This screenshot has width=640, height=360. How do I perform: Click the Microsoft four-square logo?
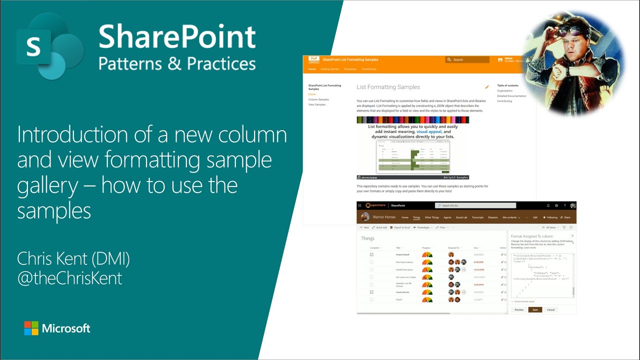click(x=31, y=328)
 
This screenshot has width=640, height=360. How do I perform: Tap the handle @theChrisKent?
click(x=69, y=278)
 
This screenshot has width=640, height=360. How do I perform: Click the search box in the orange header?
click(x=467, y=59)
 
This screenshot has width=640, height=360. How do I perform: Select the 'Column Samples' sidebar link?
click(x=318, y=99)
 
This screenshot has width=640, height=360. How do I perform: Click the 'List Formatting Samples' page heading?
click(x=388, y=87)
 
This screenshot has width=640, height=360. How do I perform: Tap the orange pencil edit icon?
click(x=487, y=87)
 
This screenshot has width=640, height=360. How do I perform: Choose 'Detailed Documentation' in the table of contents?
click(x=511, y=96)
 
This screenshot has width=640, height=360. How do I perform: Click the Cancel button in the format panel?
click(x=550, y=310)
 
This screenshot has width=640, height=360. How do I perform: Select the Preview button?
click(x=519, y=310)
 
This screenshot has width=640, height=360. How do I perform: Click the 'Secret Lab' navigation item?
click(x=461, y=217)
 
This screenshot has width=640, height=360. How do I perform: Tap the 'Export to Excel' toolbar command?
click(x=400, y=227)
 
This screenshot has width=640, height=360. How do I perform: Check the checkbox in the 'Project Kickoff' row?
click(x=371, y=254)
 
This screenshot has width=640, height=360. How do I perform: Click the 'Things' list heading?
click(x=367, y=238)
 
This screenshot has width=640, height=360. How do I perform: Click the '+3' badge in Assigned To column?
click(x=463, y=269)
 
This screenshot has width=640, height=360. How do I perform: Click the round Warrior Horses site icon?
click(x=365, y=217)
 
